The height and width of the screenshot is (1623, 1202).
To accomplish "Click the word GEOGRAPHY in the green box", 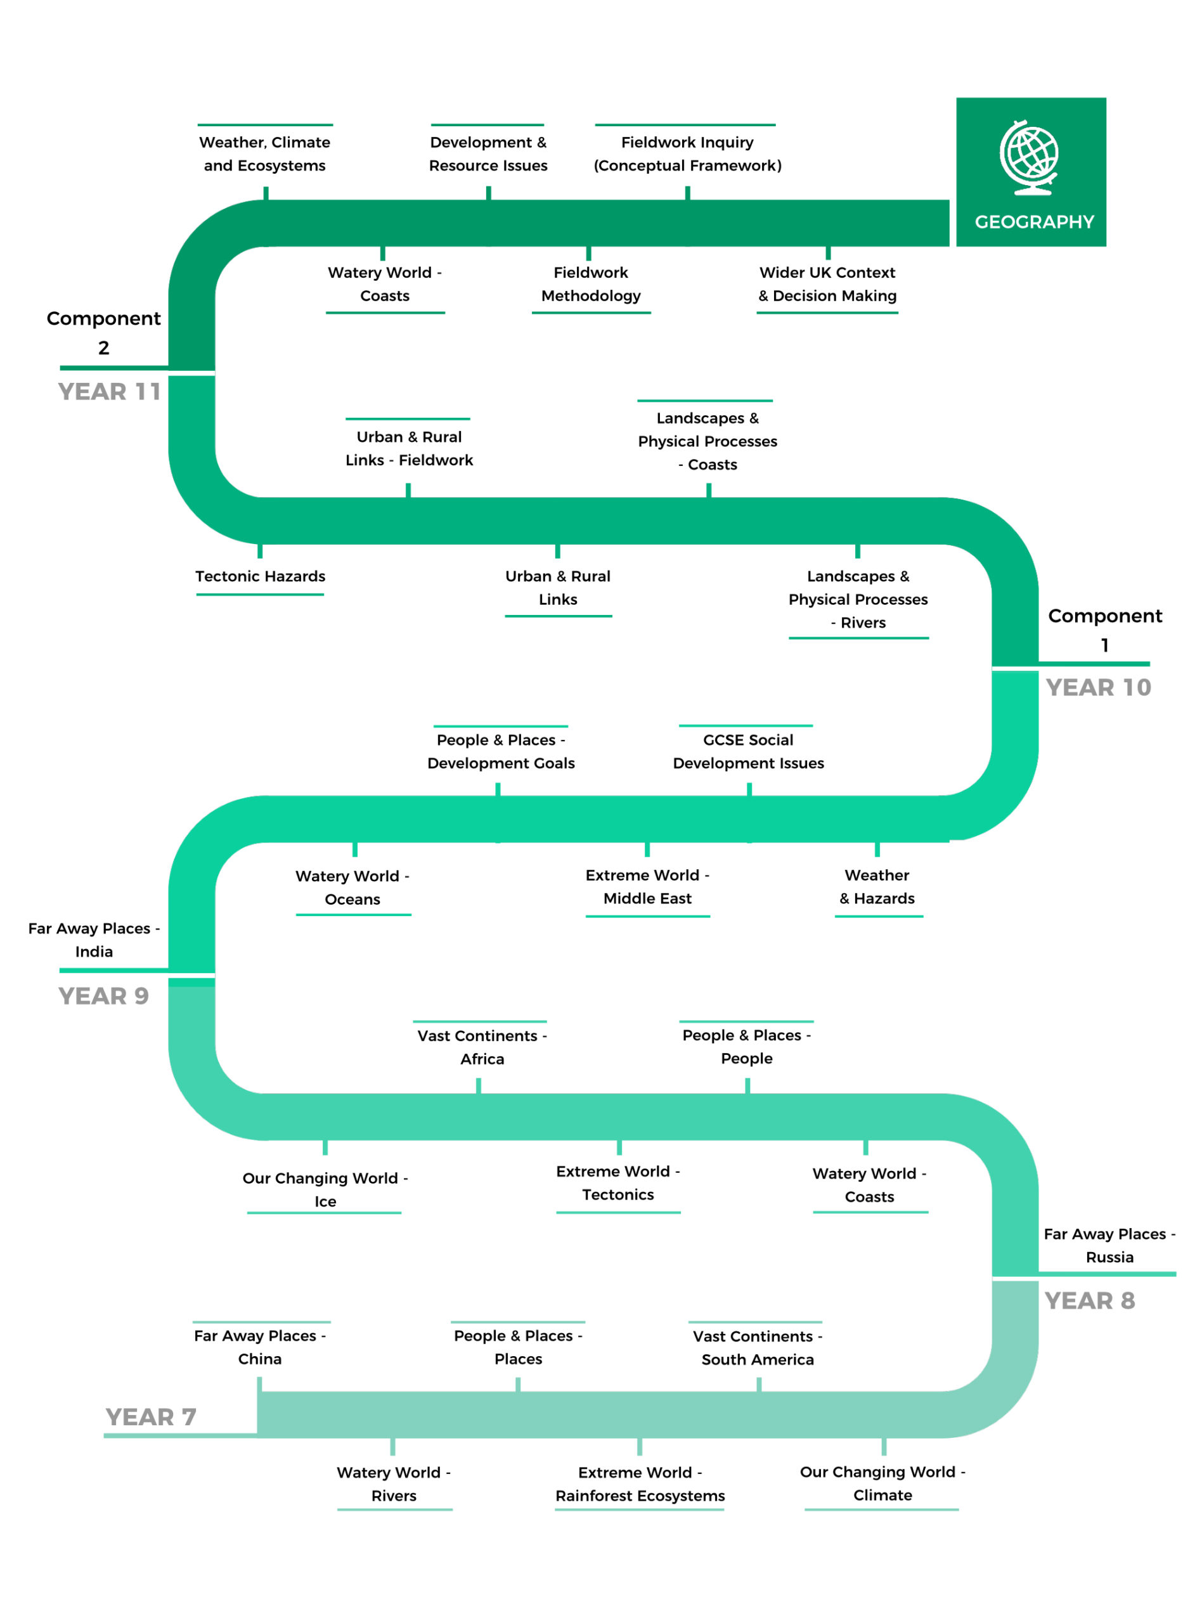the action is point(1034,222).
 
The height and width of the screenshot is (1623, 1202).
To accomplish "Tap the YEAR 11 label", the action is point(109,391).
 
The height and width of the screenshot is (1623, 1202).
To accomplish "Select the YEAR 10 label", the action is point(1098,687).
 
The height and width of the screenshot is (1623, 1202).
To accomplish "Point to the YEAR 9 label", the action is point(103,996).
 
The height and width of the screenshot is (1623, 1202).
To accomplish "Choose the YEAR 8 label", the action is point(1089,1301).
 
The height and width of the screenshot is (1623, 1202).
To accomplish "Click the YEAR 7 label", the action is point(151,1417).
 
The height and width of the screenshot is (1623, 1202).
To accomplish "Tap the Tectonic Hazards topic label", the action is point(261,576).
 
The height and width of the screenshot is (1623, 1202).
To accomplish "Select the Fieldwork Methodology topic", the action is point(591,285).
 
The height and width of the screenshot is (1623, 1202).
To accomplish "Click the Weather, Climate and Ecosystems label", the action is point(265,153).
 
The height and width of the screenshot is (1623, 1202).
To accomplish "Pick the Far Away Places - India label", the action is point(94,940).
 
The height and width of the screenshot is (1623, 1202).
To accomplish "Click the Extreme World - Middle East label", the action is point(647,887).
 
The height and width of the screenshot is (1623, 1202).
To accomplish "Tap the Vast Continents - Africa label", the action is point(482,1047).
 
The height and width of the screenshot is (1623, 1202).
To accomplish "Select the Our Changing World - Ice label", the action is point(325,1189).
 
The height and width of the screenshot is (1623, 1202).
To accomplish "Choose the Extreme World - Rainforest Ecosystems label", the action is point(640,1484).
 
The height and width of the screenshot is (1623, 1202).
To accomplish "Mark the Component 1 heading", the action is point(1104,630).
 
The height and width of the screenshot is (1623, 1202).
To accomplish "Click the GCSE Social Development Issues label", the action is point(748,751).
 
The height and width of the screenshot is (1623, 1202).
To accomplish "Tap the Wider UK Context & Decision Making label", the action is point(827,285).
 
